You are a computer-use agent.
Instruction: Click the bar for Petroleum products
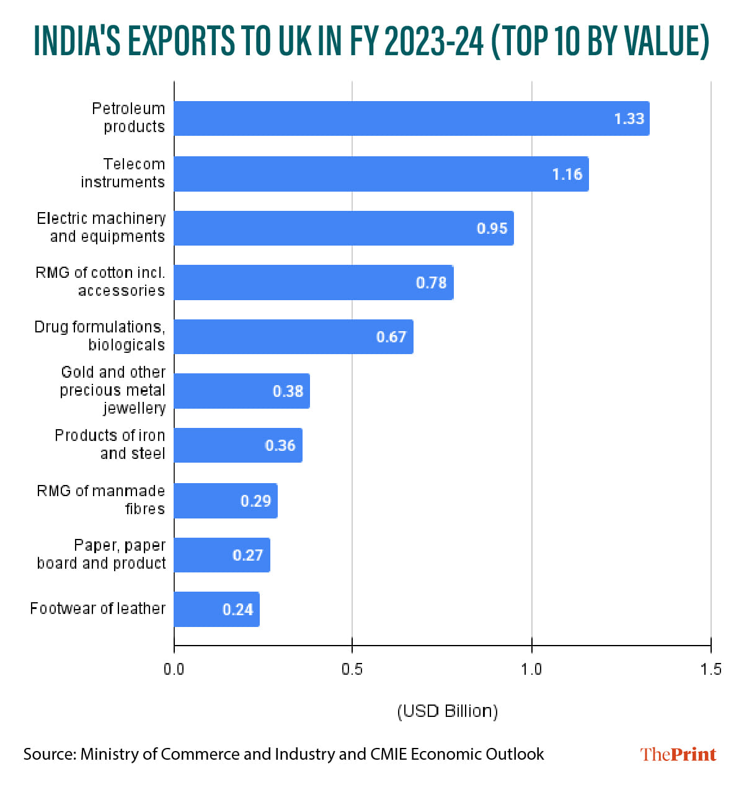click(x=411, y=118)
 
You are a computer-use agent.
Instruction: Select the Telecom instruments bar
click(x=381, y=174)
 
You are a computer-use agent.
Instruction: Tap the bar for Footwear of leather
click(x=216, y=609)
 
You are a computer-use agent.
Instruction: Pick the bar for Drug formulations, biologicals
click(x=293, y=337)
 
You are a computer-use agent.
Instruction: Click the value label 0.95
click(x=492, y=228)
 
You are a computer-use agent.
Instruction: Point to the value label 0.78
click(x=431, y=283)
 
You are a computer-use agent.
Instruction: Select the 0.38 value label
click(x=288, y=391)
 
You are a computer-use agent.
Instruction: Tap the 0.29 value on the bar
click(x=255, y=500)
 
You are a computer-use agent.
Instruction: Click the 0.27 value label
click(x=247, y=555)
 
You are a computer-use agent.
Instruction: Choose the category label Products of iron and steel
click(x=110, y=445)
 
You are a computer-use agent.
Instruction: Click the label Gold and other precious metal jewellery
click(x=113, y=390)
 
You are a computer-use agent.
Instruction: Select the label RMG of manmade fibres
click(x=101, y=500)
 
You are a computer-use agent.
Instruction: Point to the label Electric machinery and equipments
click(x=101, y=228)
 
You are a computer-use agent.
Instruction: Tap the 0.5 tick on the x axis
click(x=352, y=669)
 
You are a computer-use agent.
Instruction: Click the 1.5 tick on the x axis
click(x=711, y=669)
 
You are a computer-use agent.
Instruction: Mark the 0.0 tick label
click(x=174, y=669)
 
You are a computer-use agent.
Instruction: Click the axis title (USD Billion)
click(x=447, y=711)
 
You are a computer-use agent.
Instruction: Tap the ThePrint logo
click(x=678, y=754)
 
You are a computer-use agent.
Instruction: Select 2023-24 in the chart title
click(x=433, y=42)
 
